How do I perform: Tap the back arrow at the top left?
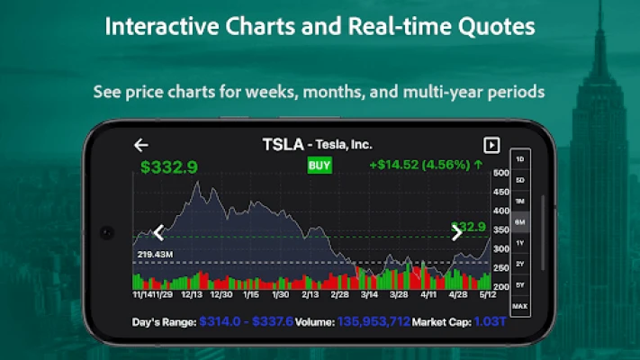(140, 145)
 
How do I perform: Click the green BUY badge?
(320, 166)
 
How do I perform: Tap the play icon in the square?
(491, 145)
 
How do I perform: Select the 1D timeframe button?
(519, 159)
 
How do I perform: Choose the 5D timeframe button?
(519, 180)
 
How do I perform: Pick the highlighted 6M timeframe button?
(519, 221)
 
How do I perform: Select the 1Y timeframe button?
(519, 243)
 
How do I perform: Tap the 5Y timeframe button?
(519, 285)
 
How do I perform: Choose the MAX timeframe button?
(519, 307)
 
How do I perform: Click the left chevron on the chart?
(159, 233)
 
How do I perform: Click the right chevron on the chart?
(456, 233)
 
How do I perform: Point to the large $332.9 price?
(169, 166)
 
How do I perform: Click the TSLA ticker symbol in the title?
(282, 144)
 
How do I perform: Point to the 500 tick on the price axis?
(500, 173)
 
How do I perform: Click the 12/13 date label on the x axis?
(192, 294)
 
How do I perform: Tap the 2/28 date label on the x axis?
(339, 294)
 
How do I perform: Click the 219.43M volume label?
(155, 255)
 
